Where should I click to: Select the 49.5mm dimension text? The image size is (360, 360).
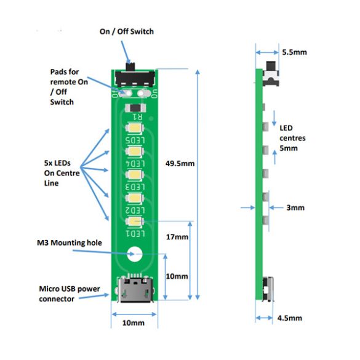(181, 164)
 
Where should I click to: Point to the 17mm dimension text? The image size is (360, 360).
(177, 237)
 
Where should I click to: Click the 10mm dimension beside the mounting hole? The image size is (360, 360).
(178, 276)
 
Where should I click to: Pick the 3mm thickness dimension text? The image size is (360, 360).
(295, 208)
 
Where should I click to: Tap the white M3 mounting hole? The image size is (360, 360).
(134, 253)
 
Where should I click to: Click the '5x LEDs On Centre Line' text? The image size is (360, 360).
(59, 173)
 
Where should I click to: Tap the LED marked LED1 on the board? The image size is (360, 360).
(134, 222)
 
